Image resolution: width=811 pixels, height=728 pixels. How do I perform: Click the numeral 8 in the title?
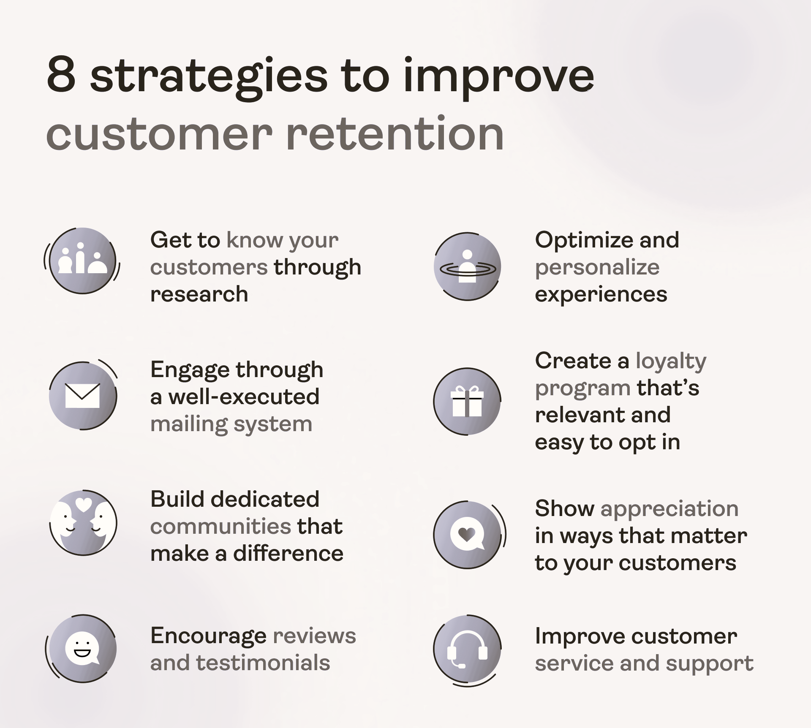click(62, 74)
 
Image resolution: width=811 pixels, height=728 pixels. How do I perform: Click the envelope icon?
click(82, 396)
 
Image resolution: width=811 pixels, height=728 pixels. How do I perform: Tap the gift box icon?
click(467, 401)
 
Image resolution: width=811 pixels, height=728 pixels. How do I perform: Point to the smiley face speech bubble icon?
click(82, 648)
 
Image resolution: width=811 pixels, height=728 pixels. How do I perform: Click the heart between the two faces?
click(84, 504)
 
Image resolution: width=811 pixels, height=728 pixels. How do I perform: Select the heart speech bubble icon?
click(467, 534)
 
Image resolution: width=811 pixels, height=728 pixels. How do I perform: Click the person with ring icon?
click(467, 266)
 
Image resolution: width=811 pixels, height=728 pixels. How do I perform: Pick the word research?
click(199, 294)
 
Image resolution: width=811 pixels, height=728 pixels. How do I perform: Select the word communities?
click(220, 527)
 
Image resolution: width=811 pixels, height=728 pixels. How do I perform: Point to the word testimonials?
click(263, 663)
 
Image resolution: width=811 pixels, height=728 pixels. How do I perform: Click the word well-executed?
click(244, 397)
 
